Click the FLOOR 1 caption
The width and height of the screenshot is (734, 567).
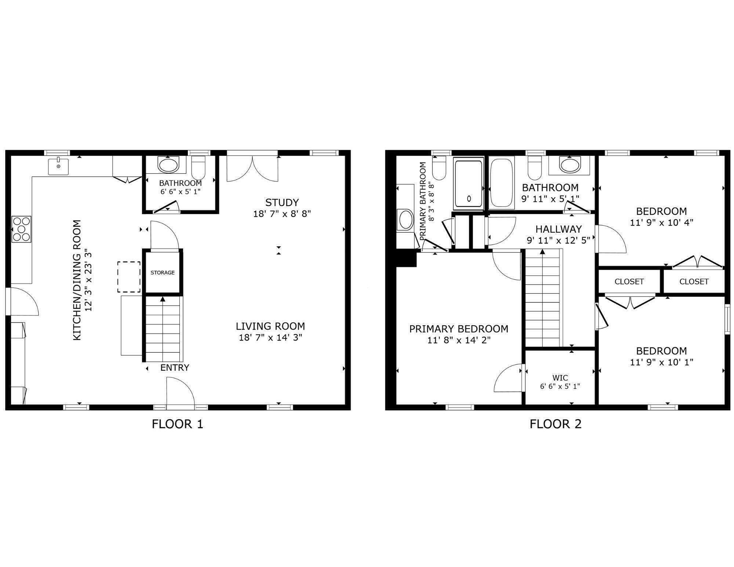coord(177,424)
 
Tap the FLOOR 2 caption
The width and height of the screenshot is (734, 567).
coord(555,424)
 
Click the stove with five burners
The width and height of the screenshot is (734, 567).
coord(21,229)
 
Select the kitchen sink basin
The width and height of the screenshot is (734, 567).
coord(58,166)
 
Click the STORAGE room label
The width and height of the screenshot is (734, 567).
coord(163,273)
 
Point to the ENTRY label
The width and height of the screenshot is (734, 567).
coord(175,368)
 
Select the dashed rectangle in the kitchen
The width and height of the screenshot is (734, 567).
coord(129,277)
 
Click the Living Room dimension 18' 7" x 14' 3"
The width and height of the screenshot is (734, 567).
coord(270,338)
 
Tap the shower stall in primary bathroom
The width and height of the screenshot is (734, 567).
coord(469,183)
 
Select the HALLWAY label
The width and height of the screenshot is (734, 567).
coord(558,229)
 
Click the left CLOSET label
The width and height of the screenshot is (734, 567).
coord(629,282)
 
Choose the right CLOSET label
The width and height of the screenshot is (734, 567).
coord(694,282)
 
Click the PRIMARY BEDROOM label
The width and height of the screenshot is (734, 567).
coord(459,329)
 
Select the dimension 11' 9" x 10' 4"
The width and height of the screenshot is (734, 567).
coord(661,223)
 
